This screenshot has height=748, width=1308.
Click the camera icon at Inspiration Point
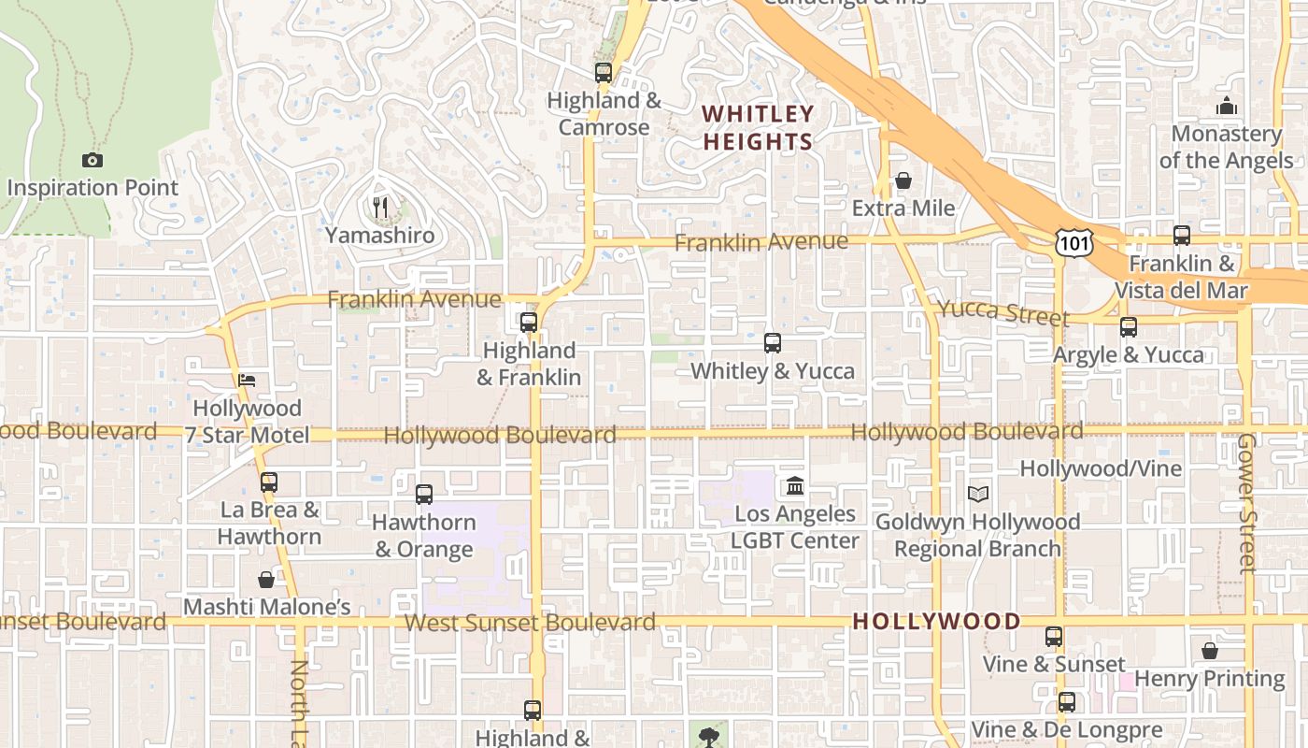[x=92, y=161]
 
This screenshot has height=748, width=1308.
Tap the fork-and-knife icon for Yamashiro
[x=380, y=208]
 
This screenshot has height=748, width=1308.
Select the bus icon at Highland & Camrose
[x=604, y=72]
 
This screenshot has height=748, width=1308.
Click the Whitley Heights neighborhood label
[x=758, y=128]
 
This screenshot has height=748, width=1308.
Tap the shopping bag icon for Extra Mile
[x=903, y=180]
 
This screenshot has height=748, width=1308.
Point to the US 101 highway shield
[x=1071, y=242]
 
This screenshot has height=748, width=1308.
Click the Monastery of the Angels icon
[x=1227, y=107]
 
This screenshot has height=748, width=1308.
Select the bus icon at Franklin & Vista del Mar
[x=1182, y=236]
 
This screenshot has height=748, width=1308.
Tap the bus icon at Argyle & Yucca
[x=1129, y=327]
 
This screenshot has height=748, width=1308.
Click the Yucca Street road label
[x=1002, y=312]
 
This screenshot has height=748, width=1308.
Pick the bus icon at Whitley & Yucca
[x=773, y=343]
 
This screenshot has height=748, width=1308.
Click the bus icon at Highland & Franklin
[x=529, y=323]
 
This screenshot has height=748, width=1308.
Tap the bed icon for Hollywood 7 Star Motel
[x=247, y=381]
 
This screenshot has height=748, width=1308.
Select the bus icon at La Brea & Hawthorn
[x=269, y=482]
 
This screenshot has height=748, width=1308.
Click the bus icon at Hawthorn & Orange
[x=424, y=494]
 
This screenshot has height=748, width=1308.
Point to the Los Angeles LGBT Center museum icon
[x=795, y=485]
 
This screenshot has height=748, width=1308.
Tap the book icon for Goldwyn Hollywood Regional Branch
[x=977, y=494]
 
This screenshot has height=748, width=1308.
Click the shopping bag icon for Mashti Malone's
[x=266, y=580]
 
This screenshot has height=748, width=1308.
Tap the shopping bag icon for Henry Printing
[x=1210, y=651]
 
